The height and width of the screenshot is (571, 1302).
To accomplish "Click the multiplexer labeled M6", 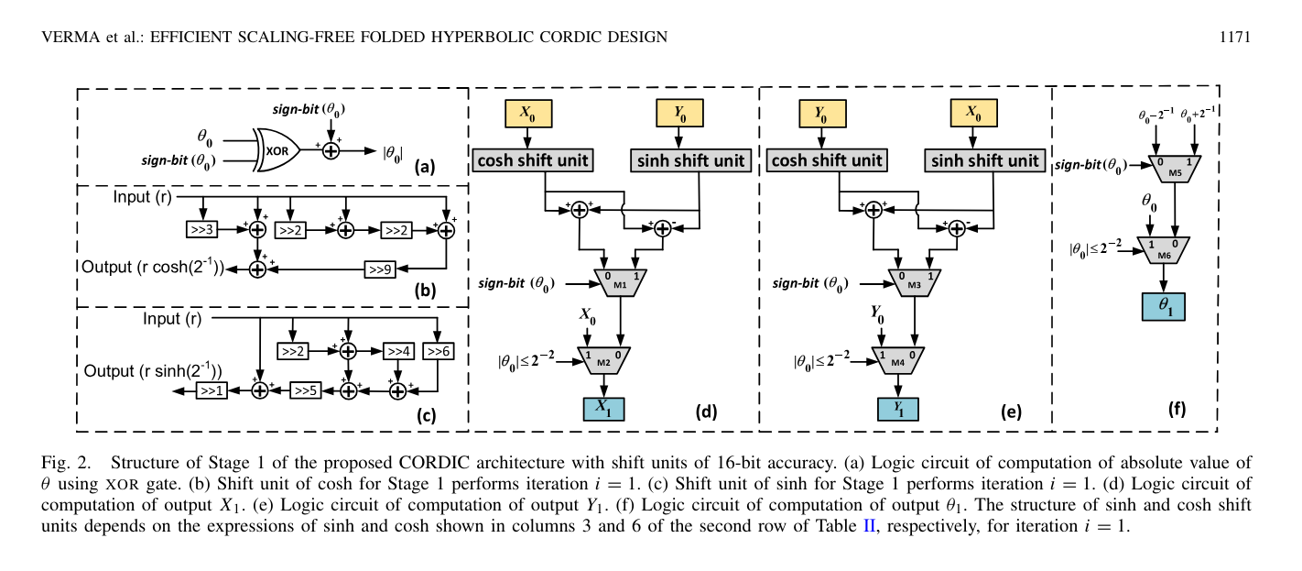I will point(1162,247).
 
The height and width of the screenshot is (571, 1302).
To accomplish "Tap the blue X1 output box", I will point(603,409).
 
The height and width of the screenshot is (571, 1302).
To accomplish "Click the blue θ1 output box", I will point(1163,306).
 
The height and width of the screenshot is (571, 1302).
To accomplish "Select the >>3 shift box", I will point(202,230).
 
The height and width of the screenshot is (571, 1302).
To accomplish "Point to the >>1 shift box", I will point(212,390).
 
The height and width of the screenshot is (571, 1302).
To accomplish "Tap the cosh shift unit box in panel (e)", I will point(828,160).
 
